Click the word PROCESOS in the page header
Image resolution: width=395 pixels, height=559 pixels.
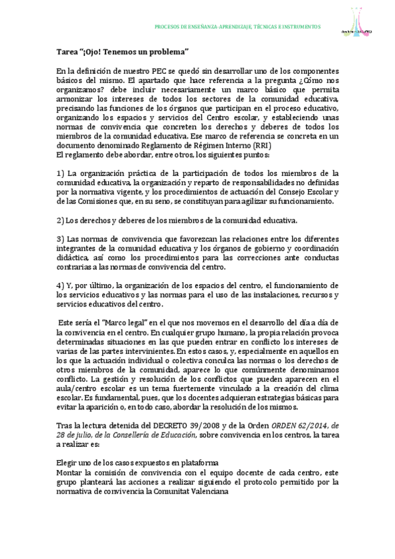click(x=167, y=27)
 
